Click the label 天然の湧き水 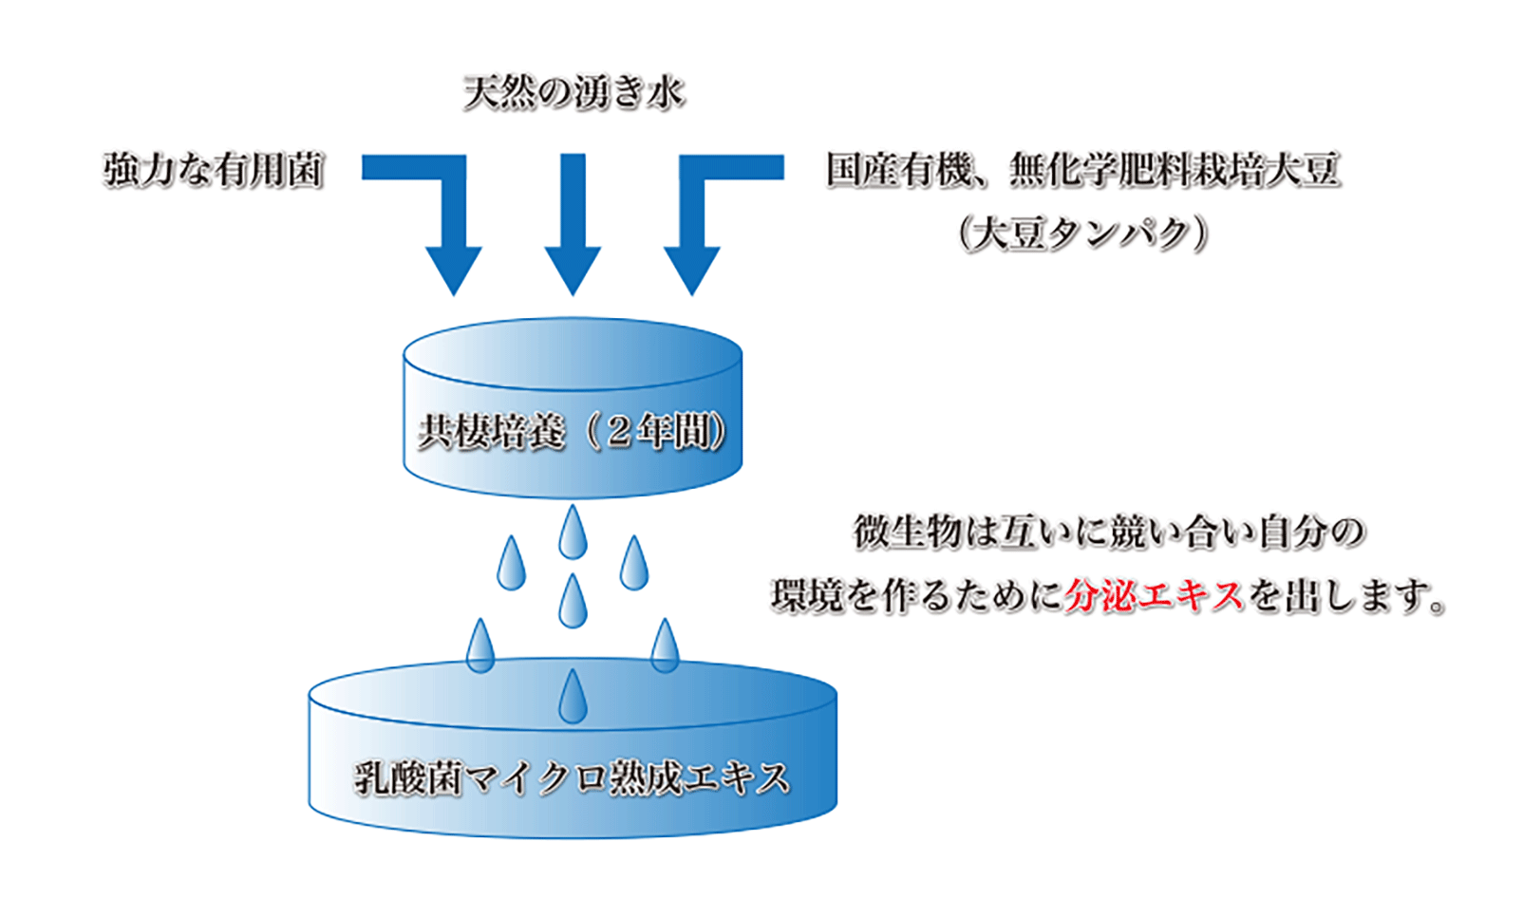(x=573, y=93)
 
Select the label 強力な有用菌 (x=214, y=171)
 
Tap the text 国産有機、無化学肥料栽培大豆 (x=1082, y=171)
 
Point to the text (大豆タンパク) (x=1082, y=234)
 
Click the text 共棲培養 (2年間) (x=573, y=433)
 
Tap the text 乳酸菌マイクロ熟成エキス (x=573, y=778)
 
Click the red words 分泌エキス (x=1154, y=596)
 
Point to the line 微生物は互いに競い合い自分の (x=1109, y=532)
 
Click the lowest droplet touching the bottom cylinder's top (x=573, y=698)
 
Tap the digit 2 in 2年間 (x=619, y=433)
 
